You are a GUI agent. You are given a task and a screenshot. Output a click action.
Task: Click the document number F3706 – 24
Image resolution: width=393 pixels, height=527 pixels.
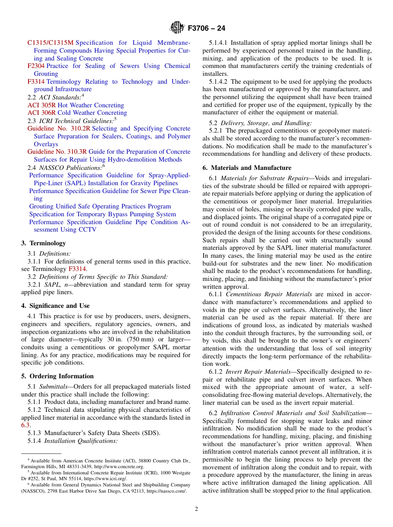click(x=206, y=29)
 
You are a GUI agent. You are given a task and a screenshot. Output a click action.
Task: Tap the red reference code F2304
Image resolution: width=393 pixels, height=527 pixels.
click(x=36, y=66)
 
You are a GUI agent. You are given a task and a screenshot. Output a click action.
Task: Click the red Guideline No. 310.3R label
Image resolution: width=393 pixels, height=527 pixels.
click(x=57, y=152)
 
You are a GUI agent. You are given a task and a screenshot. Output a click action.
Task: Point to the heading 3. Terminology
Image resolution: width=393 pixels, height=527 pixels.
click(x=43, y=243)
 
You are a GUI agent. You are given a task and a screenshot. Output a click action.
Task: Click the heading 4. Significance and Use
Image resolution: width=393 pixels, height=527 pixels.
click(x=55, y=306)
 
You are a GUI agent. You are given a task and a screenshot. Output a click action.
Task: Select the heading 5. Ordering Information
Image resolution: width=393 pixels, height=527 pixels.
click(x=58, y=376)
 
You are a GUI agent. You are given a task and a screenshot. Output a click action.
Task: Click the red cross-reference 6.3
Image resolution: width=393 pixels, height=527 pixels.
click(x=25, y=425)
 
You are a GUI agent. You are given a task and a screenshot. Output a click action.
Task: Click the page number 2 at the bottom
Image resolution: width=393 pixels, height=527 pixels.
click(x=196, y=509)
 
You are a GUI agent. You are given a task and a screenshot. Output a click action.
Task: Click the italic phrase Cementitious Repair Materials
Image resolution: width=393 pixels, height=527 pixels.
click(x=269, y=294)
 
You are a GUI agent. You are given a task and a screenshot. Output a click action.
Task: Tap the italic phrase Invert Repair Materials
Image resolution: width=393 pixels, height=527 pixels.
click(x=258, y=372)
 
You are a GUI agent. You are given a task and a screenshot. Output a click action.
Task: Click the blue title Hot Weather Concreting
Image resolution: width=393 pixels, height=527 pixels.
click(x=91, y=105)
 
